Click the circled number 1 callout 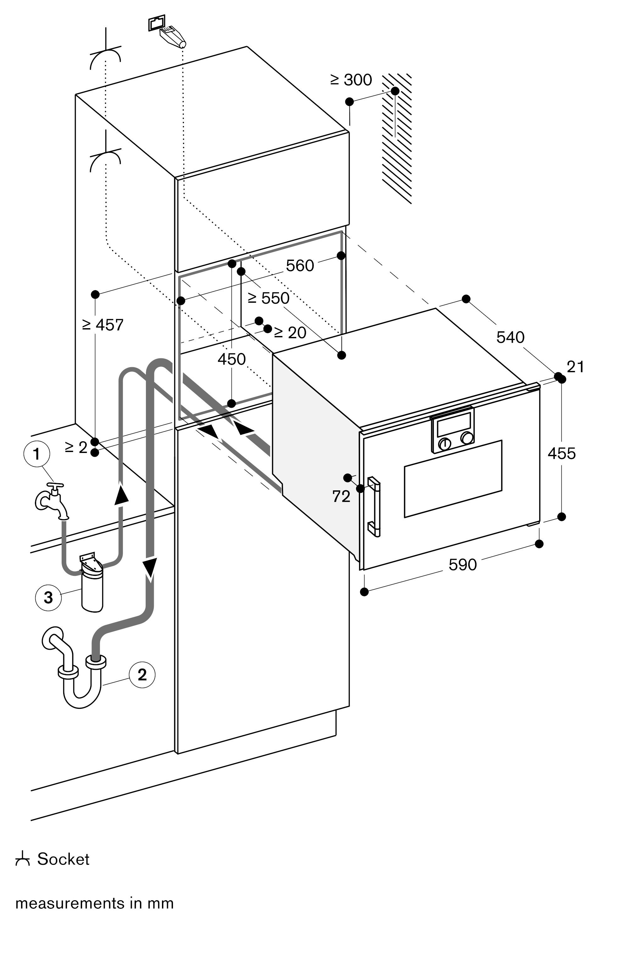[x=37, y=454]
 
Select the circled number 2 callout [x=142, y=674]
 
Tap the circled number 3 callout [x=48, y=597]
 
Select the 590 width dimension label [x=462, y=565]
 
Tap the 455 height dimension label [x=561, y=454]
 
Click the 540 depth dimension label [x=510, y=337]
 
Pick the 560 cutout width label [x=300, y=266]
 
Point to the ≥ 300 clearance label [x=351, y=80]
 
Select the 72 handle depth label [x=341, y=497]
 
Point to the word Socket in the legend [x=63, y=859]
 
